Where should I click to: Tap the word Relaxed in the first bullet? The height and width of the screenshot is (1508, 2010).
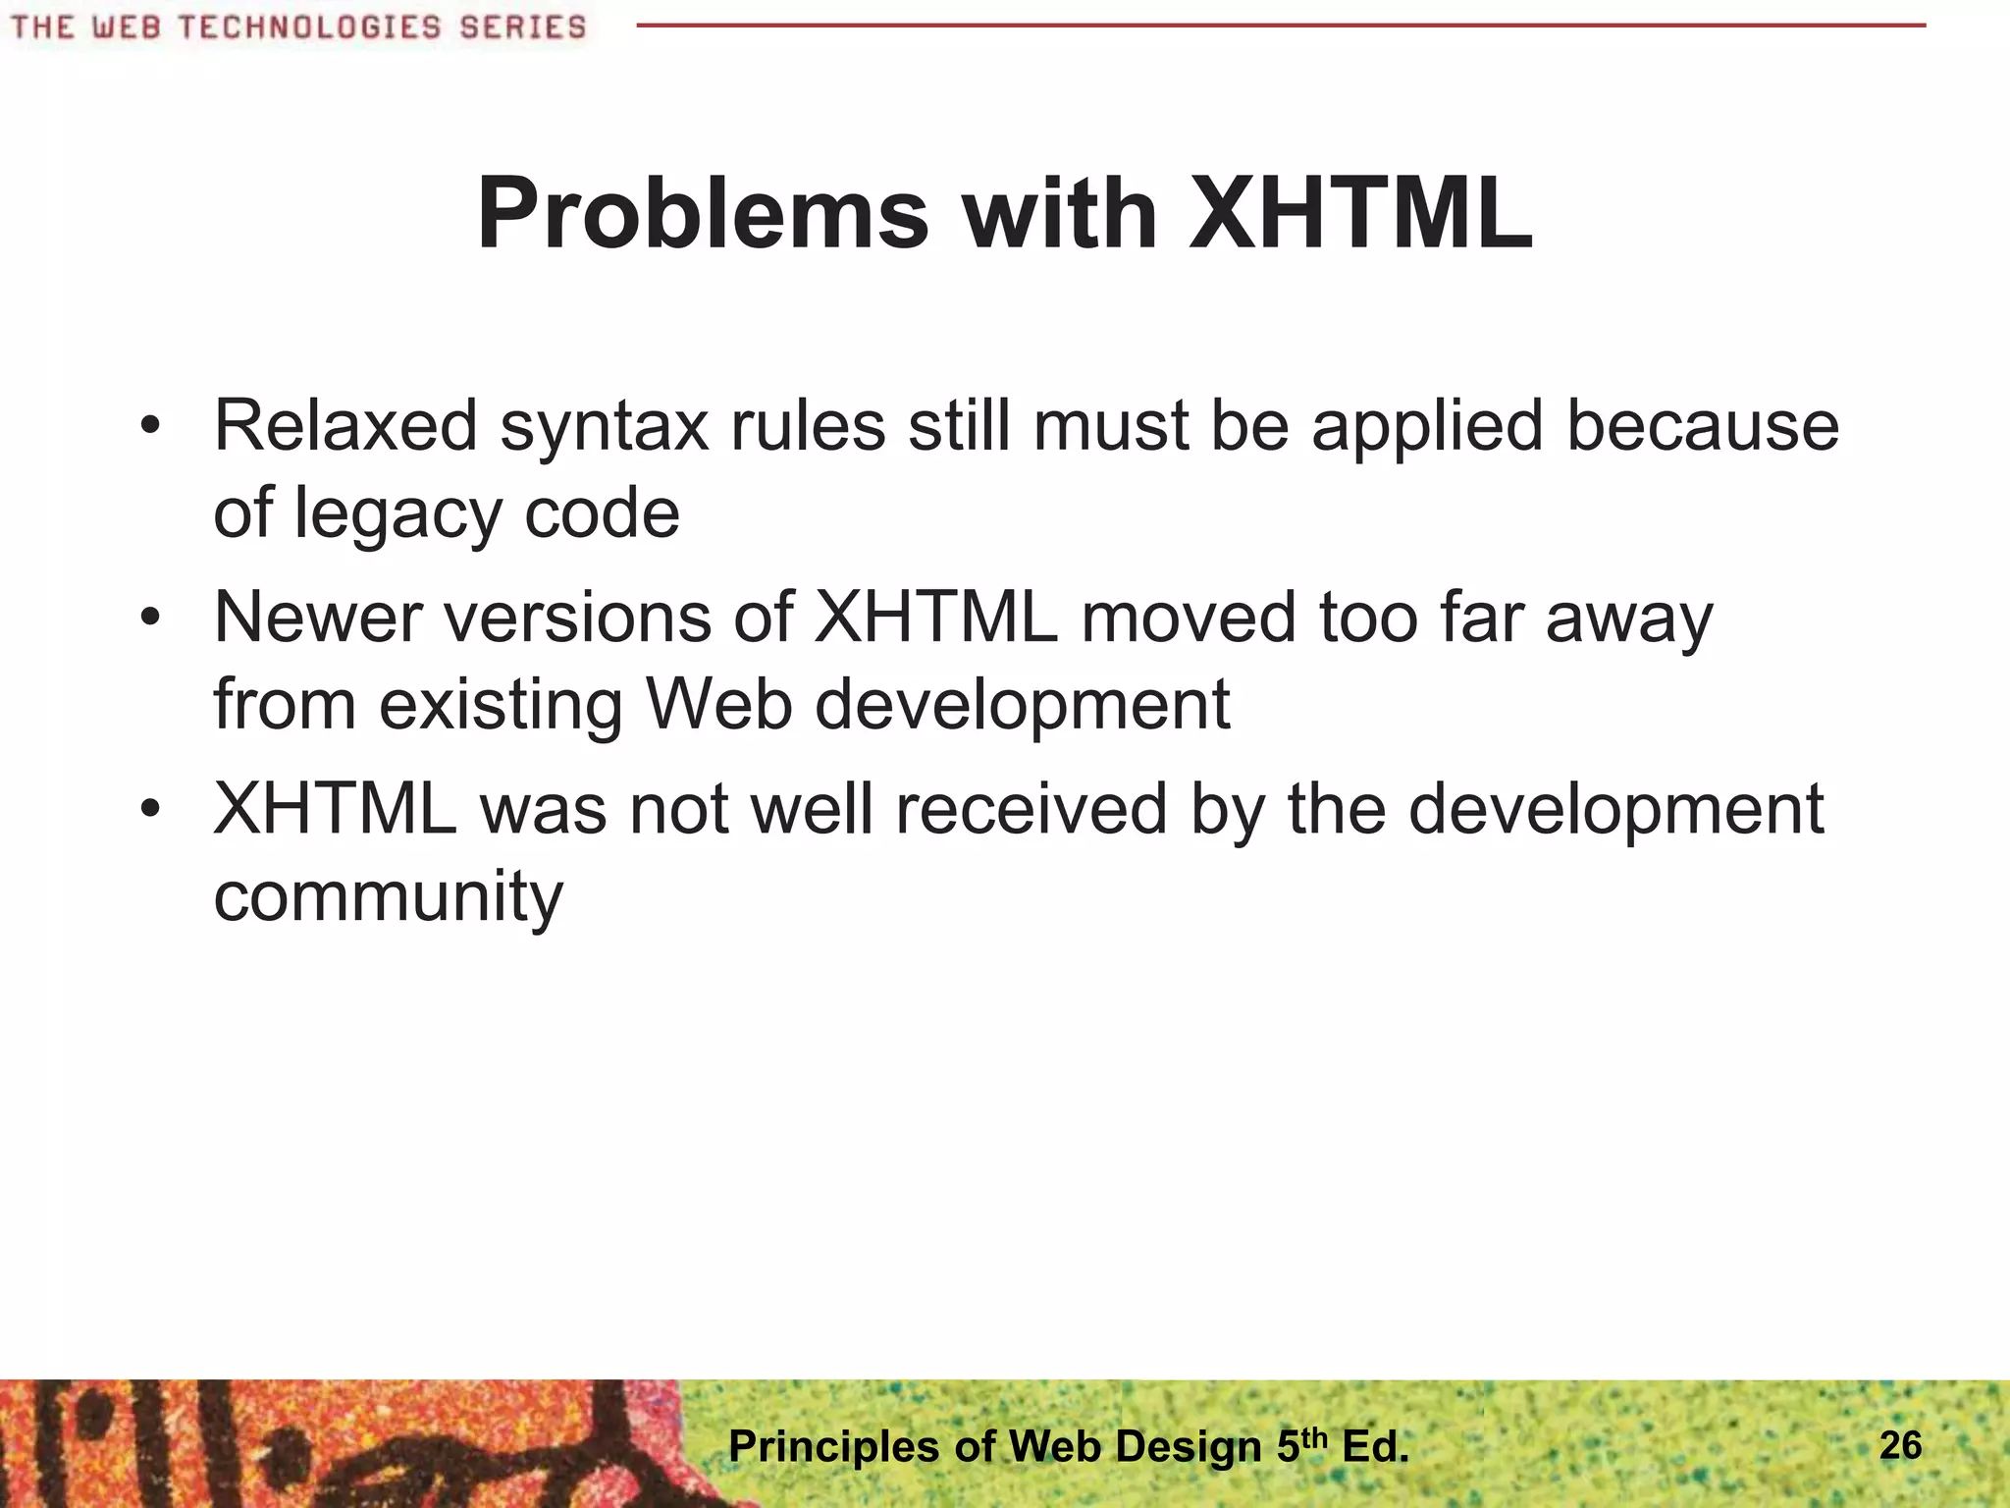coord(344,426)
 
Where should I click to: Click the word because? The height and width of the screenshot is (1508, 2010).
coord(1702,426)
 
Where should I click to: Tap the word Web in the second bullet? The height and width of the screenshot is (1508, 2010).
coord(718,705)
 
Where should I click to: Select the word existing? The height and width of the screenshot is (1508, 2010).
coord(501,707)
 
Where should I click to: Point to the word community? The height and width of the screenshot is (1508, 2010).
coord(388,898)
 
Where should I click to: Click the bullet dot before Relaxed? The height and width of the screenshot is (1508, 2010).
coord(149,428)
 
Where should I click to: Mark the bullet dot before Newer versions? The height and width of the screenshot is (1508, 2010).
coord(149,619)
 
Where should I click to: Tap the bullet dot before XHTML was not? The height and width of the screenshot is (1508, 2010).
coord(149,811)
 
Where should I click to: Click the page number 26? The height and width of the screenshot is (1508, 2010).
coord(1900,1445)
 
